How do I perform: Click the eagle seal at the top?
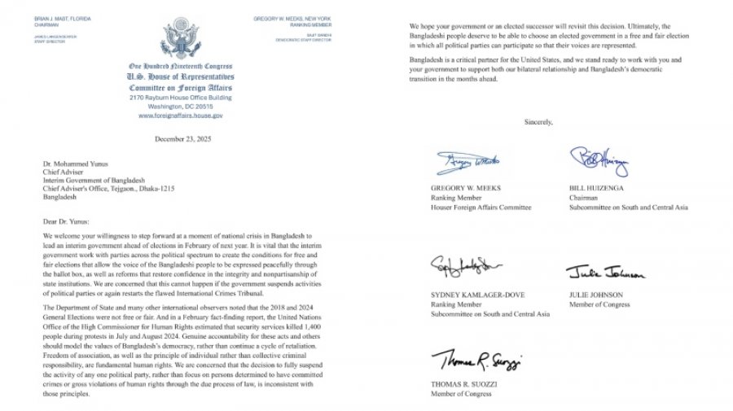(180, 37)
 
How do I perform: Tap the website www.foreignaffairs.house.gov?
(180, 116)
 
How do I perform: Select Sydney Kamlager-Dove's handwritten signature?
(464, 266)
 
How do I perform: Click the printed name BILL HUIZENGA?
(595, 188)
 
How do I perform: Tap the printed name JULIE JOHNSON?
(596, 295)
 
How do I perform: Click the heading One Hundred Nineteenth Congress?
(180, 65)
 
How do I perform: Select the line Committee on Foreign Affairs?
(180, 87)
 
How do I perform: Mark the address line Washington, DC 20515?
(180, 107)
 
